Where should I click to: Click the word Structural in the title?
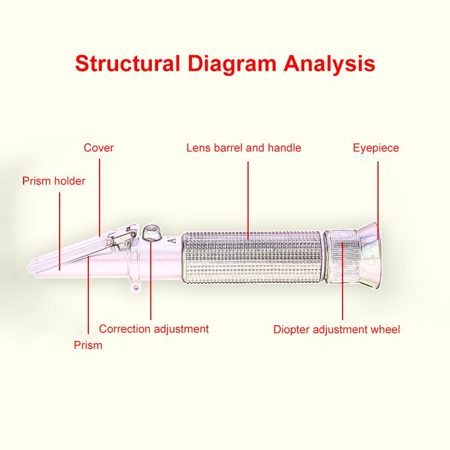128,64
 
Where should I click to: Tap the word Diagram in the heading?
232,64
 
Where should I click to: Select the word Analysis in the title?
329,64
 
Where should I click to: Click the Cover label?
99,148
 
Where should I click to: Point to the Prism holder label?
54,181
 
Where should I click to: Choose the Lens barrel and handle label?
244,148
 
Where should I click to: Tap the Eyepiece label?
376,148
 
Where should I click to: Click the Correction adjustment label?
154,329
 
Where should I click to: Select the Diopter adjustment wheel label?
336,330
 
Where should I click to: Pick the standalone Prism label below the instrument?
88,345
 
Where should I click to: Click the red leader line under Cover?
100,197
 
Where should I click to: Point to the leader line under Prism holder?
60,231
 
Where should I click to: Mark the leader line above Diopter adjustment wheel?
343,281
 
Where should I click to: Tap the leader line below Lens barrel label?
248,200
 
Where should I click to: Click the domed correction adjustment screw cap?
151,232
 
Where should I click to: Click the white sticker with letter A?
173,240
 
